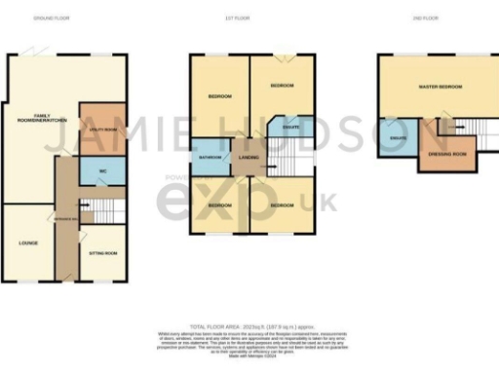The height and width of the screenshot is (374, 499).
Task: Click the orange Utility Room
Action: tap(101, 126)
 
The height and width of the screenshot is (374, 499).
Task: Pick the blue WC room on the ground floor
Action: tap(101, 171)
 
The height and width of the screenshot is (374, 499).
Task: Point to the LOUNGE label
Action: tap(27, 242)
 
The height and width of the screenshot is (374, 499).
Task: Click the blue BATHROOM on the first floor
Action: tap(210, 157)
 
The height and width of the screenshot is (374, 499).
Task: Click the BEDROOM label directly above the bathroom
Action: tap(218, 96)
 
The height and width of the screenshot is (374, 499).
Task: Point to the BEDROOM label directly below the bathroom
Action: tap(218, 206)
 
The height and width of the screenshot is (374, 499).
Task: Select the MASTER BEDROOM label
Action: tap(439, 87)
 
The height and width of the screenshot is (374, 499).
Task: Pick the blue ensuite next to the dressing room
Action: tap(398, 139)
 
